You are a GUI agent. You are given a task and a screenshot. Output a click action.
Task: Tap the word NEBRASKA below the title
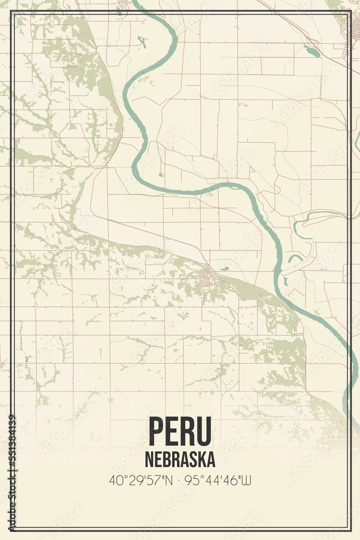pyautogui.click(x=180, y=460)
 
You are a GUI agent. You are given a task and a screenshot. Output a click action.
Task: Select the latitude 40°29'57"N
pyautogui.click(x=141, y=480)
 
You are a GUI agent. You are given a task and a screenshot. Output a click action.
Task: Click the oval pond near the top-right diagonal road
pyautogui.click(x=311, y=51)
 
